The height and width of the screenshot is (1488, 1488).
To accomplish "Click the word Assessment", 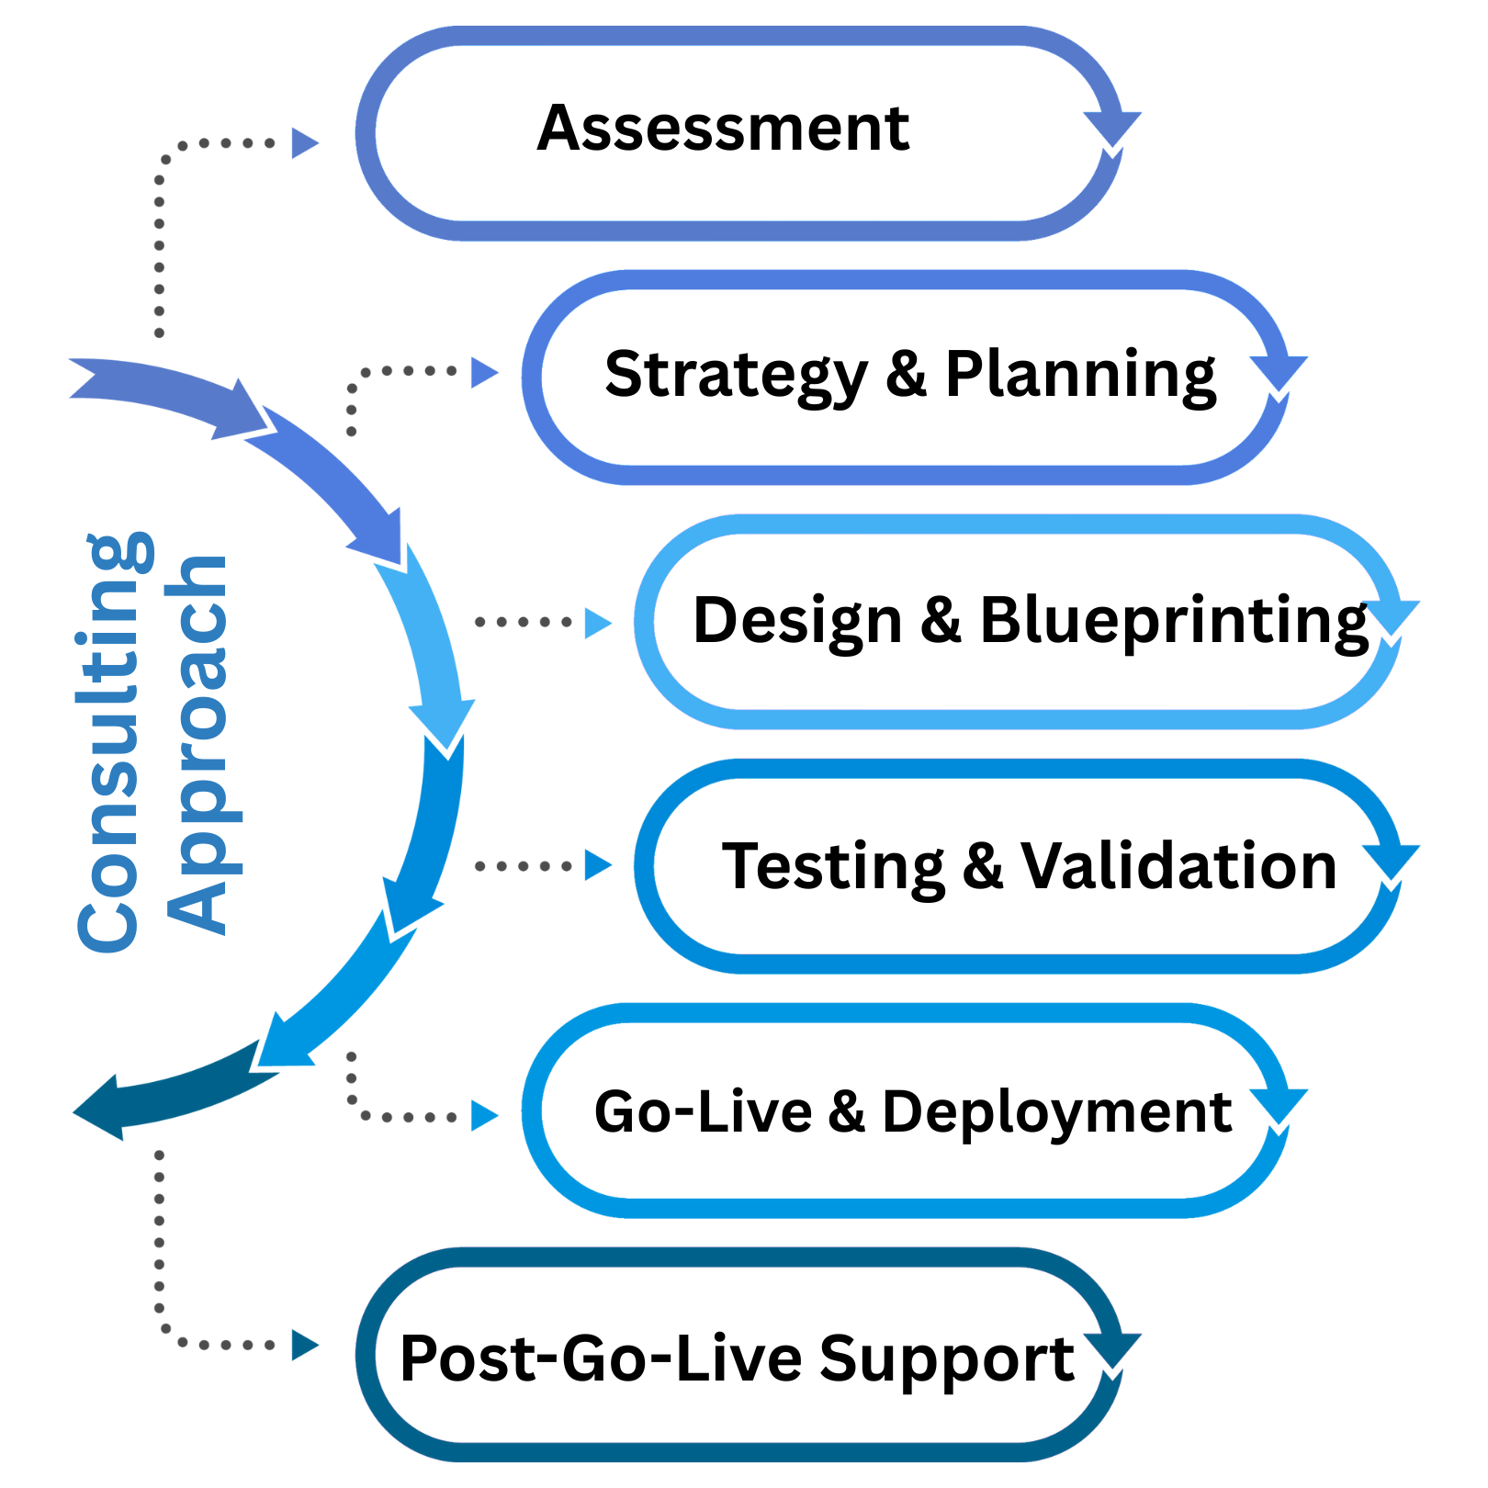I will click(723, 129).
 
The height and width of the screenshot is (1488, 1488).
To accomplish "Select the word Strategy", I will click(736, 376).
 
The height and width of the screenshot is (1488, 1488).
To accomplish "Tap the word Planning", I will click(1080, 376).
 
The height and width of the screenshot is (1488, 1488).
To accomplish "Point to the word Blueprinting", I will click(1174, 621).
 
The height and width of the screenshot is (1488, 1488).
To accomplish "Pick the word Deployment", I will click(1056, 1112).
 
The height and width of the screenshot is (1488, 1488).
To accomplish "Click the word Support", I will click(946, 1358).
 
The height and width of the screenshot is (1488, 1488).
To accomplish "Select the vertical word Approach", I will click(197, 744).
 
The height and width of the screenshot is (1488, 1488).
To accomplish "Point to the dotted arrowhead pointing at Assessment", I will click(304, 143).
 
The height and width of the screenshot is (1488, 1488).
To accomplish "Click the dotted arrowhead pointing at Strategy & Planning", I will click(483, 372).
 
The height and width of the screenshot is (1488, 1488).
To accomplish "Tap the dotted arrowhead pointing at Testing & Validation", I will click(597, 865).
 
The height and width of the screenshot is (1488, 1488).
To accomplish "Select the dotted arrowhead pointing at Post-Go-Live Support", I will click(304, 1345).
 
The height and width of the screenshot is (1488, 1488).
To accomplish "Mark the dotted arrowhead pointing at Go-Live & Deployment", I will click(483, 1116).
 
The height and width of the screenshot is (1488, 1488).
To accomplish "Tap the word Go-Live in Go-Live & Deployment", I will click(703, 1111).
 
